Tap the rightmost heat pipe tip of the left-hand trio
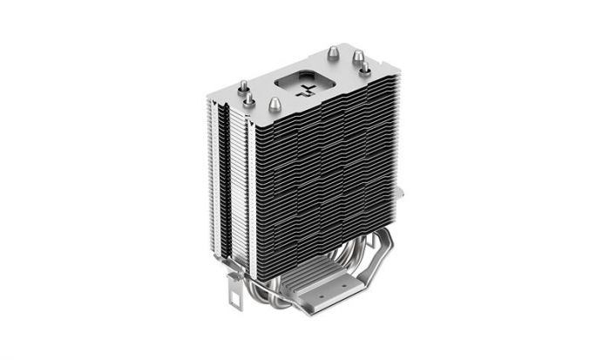pos(274,104)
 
